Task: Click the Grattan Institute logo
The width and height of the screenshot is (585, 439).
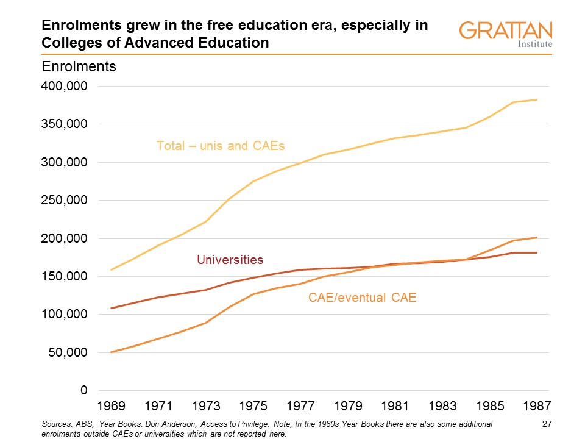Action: [x=505, y=34]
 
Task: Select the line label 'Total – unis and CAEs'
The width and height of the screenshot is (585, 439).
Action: [x=221, y=146]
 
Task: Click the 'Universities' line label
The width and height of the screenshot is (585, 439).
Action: [x=230, y=260]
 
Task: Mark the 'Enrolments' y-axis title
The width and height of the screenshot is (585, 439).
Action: [x=78, y=66]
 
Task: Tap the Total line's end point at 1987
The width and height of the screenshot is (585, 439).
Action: [x=536, y=100]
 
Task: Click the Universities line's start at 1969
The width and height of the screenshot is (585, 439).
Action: [x=111, y=308]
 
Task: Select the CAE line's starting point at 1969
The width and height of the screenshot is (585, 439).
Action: [x=111, y=352]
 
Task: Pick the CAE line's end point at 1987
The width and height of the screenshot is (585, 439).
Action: [x=536, y=237]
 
